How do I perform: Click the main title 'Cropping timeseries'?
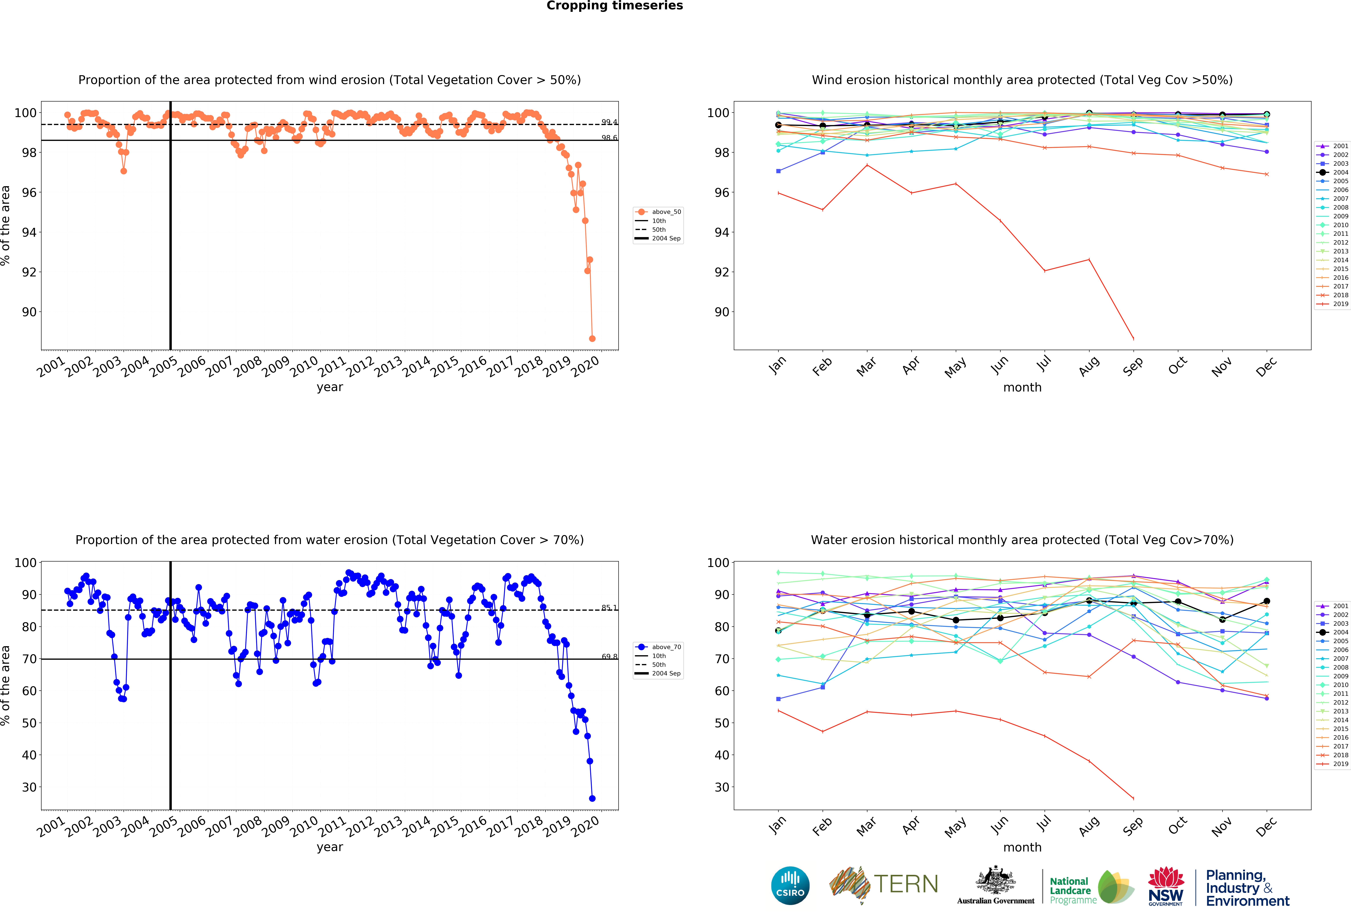click(614, 6)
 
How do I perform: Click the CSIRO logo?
click(790, 886)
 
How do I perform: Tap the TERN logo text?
click(906, 884)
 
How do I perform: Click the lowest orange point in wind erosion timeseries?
click(592, 338)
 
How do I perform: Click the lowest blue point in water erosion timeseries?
click(592, 798)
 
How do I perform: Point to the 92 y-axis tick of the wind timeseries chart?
click(29, 272)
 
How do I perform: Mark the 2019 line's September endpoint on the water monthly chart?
click(1133, 798)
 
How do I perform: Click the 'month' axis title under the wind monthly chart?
click(1022, 387)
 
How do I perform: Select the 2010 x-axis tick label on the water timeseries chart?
click(304, 826)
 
